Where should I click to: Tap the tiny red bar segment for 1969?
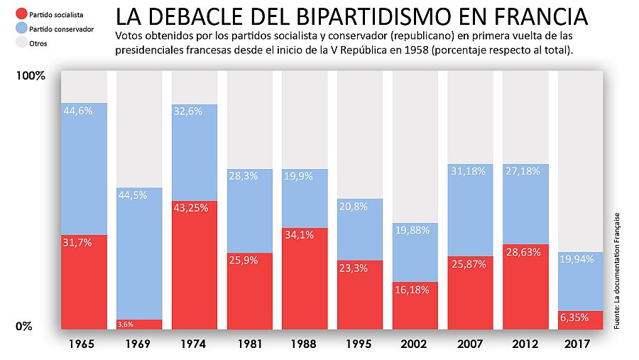pos(139,324)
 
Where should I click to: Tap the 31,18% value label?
pos(469,171)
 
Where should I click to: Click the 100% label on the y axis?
pos(31,76)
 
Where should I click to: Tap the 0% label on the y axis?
pos(26,327)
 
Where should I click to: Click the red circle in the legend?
pos(21,14)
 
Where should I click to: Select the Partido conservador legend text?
pos(57,28)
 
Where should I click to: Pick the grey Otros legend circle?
pos(21,43)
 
